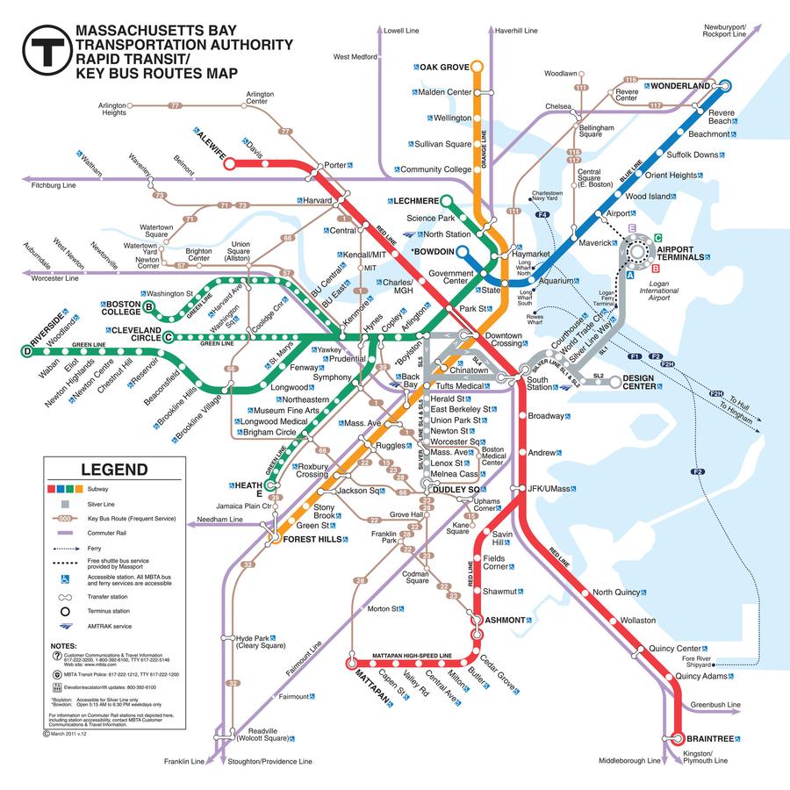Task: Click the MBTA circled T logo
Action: (46, 51)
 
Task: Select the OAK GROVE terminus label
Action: (444, 67)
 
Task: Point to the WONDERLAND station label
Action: (679, 86)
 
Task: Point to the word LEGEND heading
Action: (114, 470)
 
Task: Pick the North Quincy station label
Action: (616, 592)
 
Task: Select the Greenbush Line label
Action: (715, 705)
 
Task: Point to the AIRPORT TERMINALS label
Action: (680, 253)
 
